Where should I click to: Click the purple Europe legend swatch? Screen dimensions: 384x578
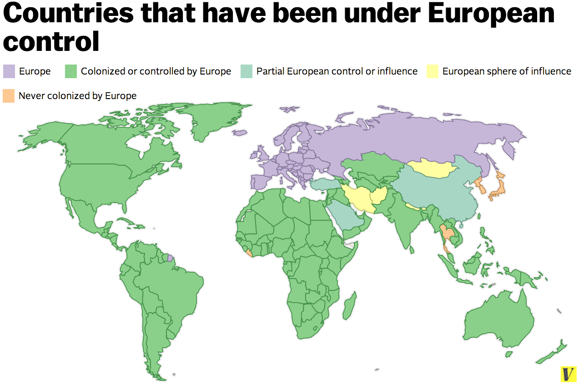(9, 71)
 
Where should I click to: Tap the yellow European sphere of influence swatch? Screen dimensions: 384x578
(432, 71)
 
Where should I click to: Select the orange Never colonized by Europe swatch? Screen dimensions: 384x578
(9, 96)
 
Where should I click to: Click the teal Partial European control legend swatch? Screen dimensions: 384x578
(246, 71)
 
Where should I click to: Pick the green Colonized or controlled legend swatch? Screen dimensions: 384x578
(71, 71)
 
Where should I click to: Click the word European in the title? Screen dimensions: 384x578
(491, 14)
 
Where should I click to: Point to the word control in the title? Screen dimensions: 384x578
(51, 41)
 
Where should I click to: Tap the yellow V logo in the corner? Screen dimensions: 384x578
(568, 374)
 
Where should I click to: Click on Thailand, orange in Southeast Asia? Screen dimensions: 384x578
(447, 234)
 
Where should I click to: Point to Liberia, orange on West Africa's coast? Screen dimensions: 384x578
(248, 253)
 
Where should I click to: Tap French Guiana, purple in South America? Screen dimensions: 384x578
(170, 258)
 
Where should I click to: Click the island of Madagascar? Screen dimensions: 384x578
(349, 305)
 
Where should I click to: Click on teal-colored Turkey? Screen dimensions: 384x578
(325, 184)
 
